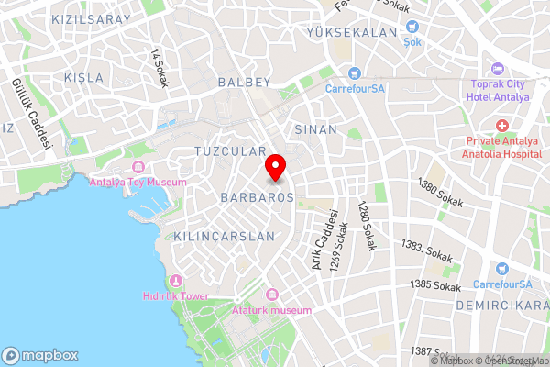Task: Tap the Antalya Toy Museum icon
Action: (138, 167)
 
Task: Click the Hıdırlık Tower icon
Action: (176, 280)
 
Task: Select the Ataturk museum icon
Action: (271, 295)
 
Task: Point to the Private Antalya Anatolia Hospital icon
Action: (502, 125)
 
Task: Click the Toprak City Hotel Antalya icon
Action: (498, 69)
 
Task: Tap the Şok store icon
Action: (412, 28)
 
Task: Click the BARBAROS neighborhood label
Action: (257, 197)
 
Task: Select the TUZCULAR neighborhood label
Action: (230, 150)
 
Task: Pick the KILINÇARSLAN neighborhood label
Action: (224, 236)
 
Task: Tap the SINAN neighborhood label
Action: (315, 130)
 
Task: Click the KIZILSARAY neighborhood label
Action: (92, 19)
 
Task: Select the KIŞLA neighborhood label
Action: (83, 77)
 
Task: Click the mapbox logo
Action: (40, 355)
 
